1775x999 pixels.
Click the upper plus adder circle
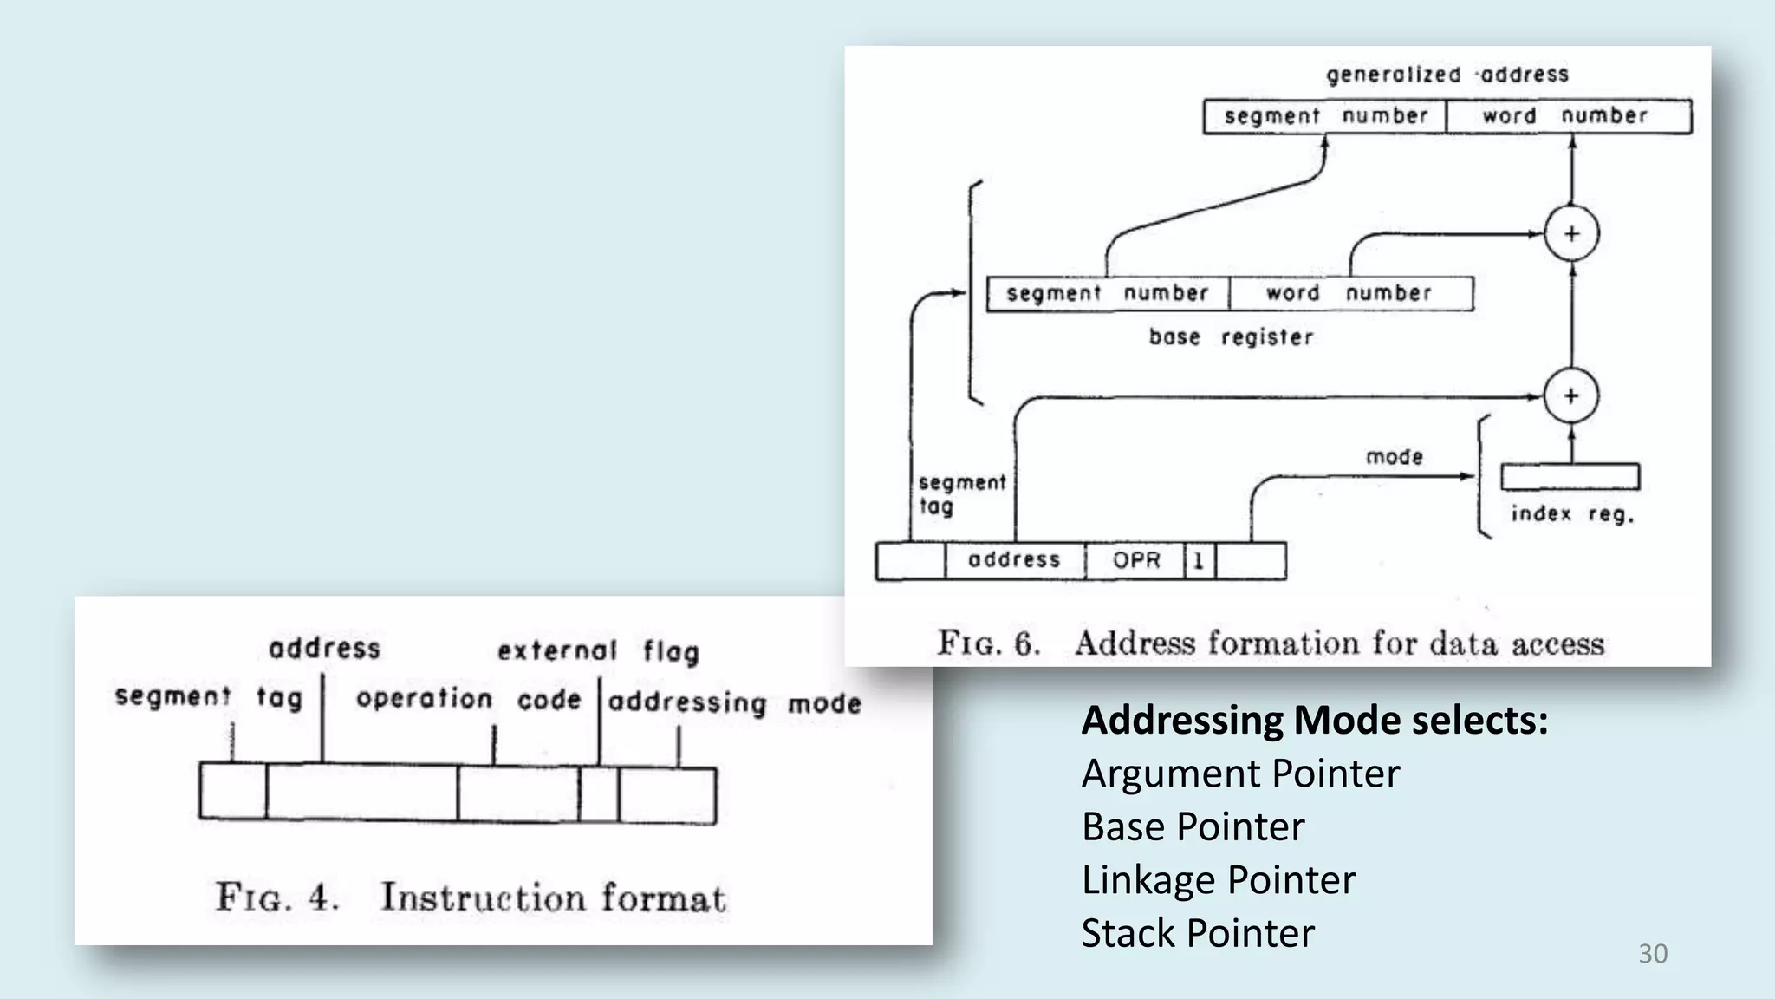pyautogui.click(x=1571, y=234)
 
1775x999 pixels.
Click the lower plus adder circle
pyautogui.click(x=1571, y=396)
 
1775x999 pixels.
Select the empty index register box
pyautogui.click(x=1570, y=477)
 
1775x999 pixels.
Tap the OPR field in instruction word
pyautogui.click(x=1135, y=560)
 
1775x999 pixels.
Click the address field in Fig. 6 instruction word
pyautogui.click(x=1014, y=560)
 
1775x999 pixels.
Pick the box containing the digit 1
pyautogui.click(x=1199, y=560)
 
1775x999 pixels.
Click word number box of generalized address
pyautogui.click(x=1567, y=116)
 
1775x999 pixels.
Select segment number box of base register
pyautogui.click(x=1108, y=293)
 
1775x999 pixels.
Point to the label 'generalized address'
pyautogui.click(x=1447, y=75)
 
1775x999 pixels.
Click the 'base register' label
pyautogui.click(x=1231, y=336)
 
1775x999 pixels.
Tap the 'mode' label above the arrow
pyautogui.click(x=1395, y=457)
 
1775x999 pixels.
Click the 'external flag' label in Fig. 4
pyautogui.click(x=598, y=650)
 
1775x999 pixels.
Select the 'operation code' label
pyautogui.click(x=468, y=699)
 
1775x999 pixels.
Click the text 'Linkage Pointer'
pyautogui.click(x=1218, y=879)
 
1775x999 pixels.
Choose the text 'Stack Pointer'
pyautogui.click(x=1198, y=933)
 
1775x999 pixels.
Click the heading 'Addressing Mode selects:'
pyautogui.click(x=1314, y=720)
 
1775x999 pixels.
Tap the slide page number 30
pyautogui.click(x=1652, y=954)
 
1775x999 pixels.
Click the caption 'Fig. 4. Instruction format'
pyautogui.click(x=471, y=897)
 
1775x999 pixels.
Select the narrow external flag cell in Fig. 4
pyautogui.click(x=599, y=793)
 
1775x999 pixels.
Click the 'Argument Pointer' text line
pyautogui.click(x=1239, y=774)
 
